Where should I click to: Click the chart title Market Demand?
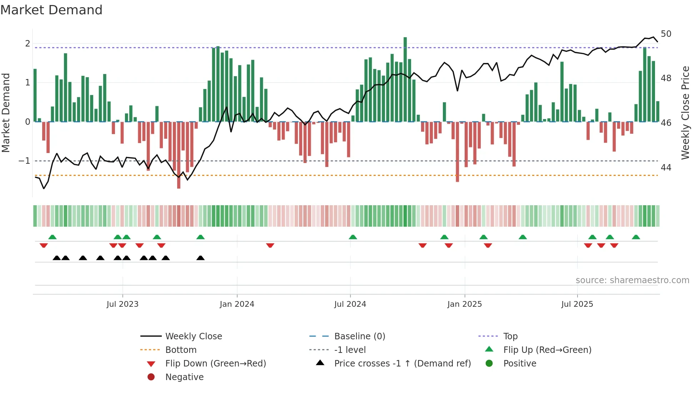coord(51,10)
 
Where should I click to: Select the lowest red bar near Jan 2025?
coord(457,152)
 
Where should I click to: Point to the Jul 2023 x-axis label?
coord(122,304)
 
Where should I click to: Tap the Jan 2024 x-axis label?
coord(237,304)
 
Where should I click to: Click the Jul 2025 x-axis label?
coord(577,304)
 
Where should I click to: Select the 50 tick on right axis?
coord(666,34)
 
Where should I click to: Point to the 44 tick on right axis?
coord(666,167)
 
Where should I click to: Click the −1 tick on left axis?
coord(24,161)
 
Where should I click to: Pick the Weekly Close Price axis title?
coord(685,113)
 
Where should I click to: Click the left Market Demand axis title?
coord(6,113)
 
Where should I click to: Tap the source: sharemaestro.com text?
coord(632,280)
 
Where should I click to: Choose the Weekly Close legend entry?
coord(194,336)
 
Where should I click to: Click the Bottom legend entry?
coord(181,350)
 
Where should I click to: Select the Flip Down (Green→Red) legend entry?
coord(215,364)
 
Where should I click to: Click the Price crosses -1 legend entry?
coord(402,364)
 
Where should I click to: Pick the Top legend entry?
coord(510,336)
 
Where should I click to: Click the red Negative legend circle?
coord(151,377)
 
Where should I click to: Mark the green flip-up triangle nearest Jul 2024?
coord(353,237)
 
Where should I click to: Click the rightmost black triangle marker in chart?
coord(201,258)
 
